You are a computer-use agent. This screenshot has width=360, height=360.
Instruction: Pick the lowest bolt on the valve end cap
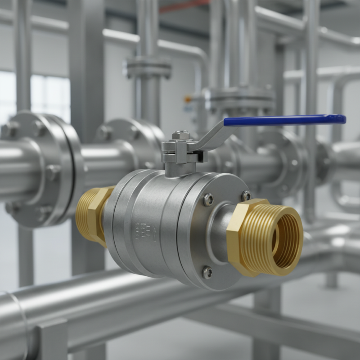point(207,272)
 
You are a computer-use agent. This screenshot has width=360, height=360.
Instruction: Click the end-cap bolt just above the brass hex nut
point(246,195)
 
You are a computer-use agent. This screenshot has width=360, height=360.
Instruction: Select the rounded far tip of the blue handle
point(342,119)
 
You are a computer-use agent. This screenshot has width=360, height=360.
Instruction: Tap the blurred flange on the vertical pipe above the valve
point(148,67)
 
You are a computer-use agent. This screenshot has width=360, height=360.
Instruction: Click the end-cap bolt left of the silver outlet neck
point(208,200)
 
